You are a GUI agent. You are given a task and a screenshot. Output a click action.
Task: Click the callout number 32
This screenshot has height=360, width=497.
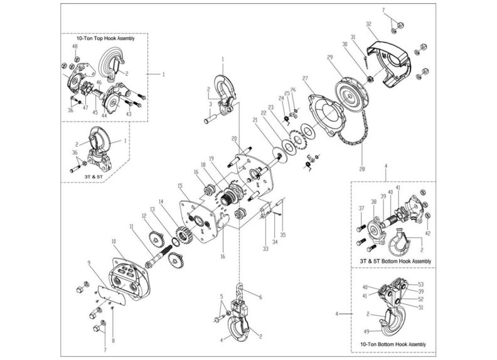coord(370,23)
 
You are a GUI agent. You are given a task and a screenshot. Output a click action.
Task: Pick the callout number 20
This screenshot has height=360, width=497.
coord(234,138)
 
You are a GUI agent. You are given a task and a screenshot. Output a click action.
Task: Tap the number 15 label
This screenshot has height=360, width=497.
coord(180,186)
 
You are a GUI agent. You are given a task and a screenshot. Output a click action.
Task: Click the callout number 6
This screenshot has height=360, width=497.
coord(259,296)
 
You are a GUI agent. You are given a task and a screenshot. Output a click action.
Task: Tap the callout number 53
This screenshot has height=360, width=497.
coord(421,284)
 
